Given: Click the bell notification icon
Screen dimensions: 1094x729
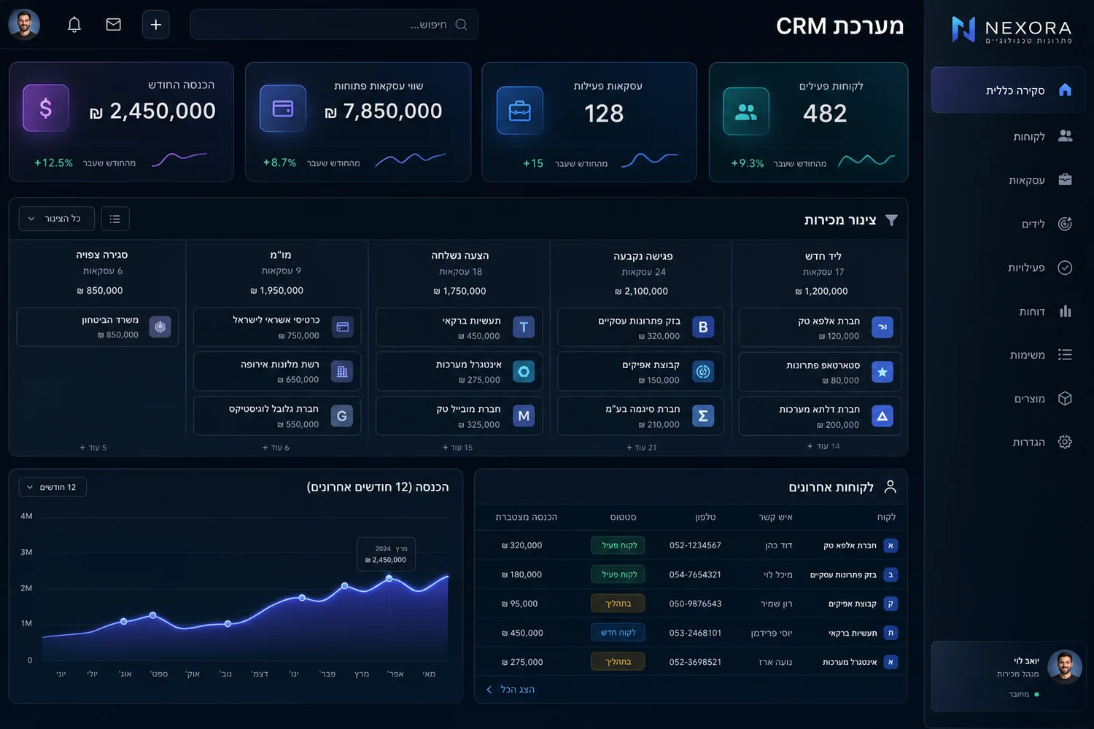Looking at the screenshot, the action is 74,24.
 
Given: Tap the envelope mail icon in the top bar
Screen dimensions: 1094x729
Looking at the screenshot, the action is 113,24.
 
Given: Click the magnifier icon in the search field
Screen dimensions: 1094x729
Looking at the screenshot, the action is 461,24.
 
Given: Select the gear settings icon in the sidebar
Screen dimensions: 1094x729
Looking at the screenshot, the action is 1065,442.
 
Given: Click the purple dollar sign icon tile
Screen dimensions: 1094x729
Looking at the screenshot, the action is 46,108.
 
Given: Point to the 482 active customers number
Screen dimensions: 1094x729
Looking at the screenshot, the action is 825,113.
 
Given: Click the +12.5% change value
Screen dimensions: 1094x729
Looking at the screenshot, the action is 53,163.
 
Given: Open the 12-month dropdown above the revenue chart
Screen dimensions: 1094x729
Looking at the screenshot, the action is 53,487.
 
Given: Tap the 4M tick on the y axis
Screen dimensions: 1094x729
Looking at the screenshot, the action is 26,516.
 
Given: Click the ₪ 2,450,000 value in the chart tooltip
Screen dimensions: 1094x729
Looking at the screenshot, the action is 386,560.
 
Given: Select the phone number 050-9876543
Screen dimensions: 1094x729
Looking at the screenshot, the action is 695,604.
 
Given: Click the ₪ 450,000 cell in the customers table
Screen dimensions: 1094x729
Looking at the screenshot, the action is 522,633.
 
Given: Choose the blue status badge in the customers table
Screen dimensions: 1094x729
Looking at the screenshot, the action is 618,632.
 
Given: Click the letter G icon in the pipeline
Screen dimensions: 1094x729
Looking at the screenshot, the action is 342,416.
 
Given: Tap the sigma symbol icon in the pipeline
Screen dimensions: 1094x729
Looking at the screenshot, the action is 703,416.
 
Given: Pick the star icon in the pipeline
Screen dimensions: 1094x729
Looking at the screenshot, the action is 882,372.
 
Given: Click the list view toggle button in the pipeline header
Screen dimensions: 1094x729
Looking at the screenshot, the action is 115,219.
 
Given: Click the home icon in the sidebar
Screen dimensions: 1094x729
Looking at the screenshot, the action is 1065,90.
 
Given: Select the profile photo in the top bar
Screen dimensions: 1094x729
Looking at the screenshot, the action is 24,24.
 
